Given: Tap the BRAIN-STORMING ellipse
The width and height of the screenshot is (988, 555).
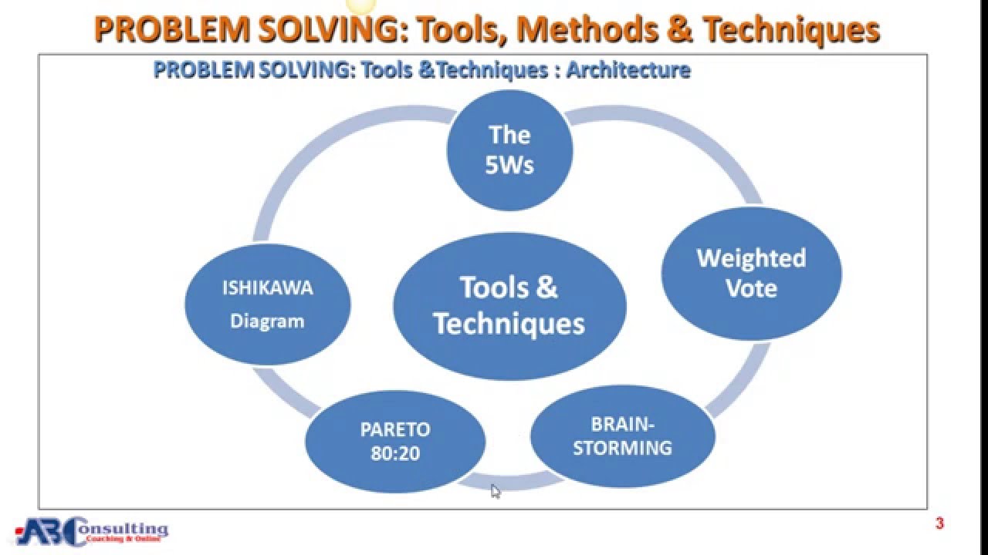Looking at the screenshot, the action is [622, 436].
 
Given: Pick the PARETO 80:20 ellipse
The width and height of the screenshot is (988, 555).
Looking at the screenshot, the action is [395, 441].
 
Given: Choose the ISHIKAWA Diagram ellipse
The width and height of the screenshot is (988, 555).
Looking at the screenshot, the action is [268, 304].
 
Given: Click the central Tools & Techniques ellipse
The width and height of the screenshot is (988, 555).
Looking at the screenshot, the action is [509, 305].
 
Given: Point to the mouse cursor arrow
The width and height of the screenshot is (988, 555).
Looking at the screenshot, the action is [495, 490].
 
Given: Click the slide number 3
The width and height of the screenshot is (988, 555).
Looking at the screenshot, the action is [939, 524].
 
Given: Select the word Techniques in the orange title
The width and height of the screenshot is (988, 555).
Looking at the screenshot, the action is [792, 30].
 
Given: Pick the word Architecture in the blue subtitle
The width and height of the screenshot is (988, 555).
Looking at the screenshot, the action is [628, 70].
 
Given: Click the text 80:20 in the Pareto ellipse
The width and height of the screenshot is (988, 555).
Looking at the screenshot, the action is [395, 453].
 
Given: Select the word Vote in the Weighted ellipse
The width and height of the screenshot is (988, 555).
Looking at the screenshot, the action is [751, 289].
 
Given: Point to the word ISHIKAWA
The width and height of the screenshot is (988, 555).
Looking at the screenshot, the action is [268, 288].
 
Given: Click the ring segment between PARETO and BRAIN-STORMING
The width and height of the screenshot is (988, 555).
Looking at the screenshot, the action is [509, 482].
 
